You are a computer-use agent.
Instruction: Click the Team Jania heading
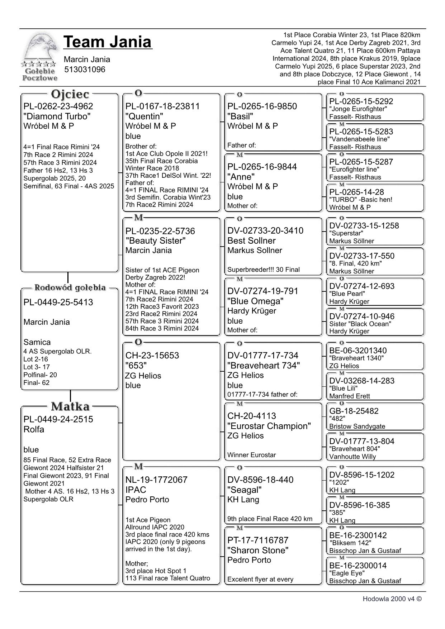pos(108,42)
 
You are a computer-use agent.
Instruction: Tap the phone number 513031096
pos(85,70)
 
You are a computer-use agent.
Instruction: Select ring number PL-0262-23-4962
pos(58,106)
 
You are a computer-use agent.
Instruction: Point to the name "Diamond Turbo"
pos(57,116)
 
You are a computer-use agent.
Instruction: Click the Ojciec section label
pos(70,94)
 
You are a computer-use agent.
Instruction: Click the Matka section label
pos(70,406)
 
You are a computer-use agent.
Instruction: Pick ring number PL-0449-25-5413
pos(58,302)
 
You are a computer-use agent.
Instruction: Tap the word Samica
pos(37,342)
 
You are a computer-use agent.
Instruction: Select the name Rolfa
pos(34,429)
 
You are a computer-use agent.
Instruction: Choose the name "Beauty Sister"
pos(156,241)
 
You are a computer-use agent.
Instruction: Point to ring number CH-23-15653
pos(152,356)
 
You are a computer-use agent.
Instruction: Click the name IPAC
pos(136,490)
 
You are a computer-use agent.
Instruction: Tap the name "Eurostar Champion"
pos(269,426)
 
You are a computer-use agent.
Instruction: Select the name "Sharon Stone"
pos(258,551)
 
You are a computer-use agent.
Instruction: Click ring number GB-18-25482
pos(354,411)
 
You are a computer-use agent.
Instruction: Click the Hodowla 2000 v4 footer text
pos(392,599)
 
